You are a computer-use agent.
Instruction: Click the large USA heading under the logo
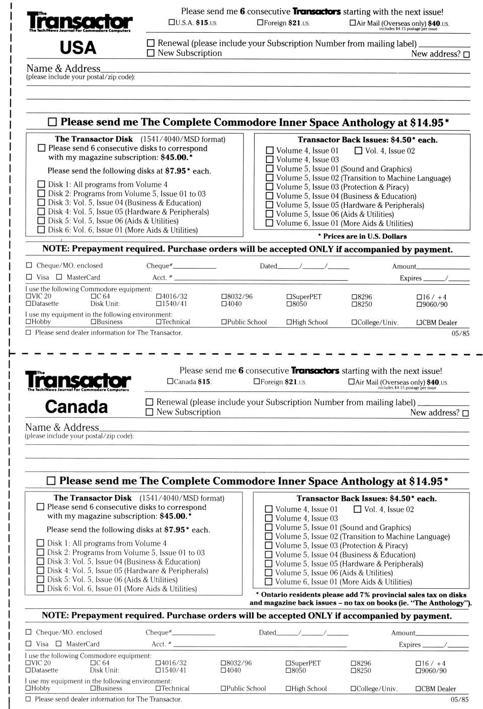77,48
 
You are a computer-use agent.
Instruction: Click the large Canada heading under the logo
76,407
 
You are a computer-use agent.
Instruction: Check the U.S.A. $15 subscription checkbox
172,23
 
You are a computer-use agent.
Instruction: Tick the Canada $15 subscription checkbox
171,381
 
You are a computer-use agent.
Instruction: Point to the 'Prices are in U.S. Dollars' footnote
362,236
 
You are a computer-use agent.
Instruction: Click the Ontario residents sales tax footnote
360,599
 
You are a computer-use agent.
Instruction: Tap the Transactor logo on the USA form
79,22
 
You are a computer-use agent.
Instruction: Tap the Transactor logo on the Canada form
78,380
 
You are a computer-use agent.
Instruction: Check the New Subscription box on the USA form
150,53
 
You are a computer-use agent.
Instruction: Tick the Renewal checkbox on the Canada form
149,402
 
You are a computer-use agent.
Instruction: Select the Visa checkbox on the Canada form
29,644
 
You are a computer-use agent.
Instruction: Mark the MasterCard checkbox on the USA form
59,277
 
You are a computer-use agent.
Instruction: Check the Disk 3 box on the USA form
41,203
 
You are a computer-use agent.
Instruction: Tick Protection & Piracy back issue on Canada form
269,546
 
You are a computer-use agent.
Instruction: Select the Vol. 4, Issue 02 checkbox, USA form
358,150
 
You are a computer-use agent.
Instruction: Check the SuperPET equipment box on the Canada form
288,663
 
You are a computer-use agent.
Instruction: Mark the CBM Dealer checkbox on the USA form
419,323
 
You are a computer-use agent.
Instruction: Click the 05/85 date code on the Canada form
459,699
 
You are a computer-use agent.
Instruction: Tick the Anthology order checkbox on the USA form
52,122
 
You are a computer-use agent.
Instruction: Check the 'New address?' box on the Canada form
465,413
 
